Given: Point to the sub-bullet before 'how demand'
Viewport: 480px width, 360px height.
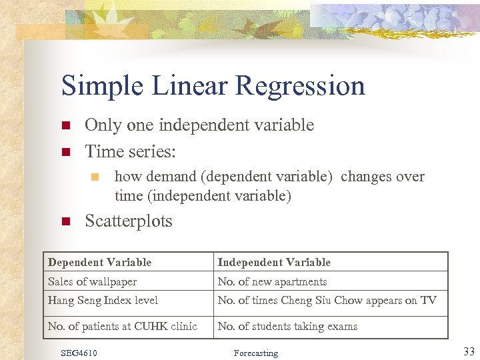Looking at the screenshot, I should click(95, 177).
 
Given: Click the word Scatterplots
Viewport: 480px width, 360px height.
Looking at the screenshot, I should click(129, 221).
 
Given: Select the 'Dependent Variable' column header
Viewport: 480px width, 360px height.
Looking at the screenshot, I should click(100, 263).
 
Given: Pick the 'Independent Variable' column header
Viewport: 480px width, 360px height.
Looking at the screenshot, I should click(274, 263).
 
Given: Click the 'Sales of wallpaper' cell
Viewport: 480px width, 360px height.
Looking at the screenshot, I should click(93, 281).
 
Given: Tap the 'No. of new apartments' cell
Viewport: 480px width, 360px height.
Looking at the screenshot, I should click(272, 281).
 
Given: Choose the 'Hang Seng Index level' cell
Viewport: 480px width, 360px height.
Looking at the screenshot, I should click(103, 301).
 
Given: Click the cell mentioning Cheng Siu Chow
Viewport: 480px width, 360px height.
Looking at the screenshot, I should click(327, 301).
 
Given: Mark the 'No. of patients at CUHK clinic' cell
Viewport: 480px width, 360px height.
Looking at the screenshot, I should click(123, 326).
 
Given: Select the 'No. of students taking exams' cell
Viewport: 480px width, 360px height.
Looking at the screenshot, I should click(287, 326).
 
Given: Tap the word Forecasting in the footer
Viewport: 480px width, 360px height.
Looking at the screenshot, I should click(256, 353).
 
